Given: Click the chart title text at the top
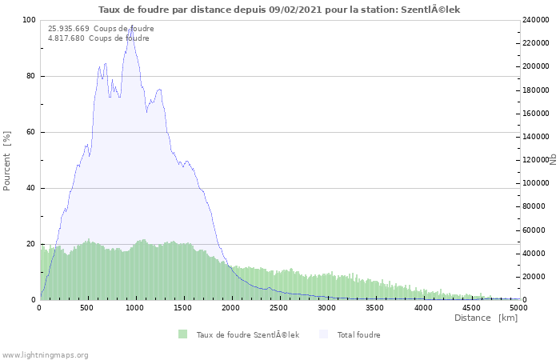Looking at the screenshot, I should tap(279, 10).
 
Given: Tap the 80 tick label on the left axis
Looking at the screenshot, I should tap(31, 76).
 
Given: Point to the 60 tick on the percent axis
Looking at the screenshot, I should tap(31, 132).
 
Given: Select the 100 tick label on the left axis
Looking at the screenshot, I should tap(29, 20).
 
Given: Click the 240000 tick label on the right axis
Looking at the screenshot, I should tap(537, 20).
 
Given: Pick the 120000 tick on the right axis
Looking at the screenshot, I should tap(537, 160).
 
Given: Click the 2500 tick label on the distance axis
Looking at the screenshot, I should tap(279, 307).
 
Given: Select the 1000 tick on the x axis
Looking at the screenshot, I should tap(135, 307).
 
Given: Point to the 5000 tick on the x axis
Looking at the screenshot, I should tap(518, 307).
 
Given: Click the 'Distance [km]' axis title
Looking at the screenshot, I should tap(486, 318).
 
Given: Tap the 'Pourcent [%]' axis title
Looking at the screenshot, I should tap(7, 160).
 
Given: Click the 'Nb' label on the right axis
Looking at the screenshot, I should tap(553, 160).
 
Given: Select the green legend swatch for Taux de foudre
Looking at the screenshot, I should tap(183, 334).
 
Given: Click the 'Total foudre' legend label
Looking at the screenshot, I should tap(358, 334).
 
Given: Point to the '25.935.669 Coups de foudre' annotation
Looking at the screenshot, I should tap(101, 29).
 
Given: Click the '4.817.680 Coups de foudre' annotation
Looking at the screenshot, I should tap(98, 38).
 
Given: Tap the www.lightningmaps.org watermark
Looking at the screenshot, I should tap(45, 354).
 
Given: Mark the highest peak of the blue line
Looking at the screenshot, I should tap(130, 28).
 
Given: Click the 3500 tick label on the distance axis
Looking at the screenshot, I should tap(374, 307).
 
